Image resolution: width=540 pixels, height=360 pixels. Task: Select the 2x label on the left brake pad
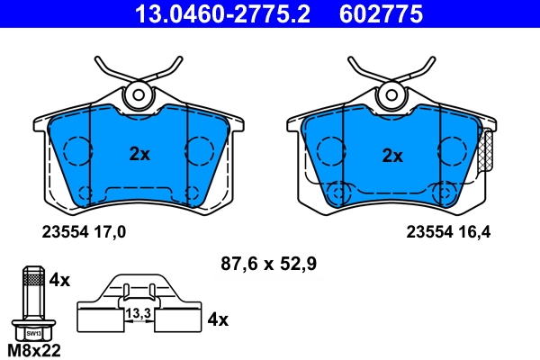coord(139,154)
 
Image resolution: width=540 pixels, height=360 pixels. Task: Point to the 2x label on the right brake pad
coord(392,155)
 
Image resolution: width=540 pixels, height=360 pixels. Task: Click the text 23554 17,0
coord(84,231)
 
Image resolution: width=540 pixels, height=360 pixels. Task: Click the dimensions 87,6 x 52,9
coord(268,264)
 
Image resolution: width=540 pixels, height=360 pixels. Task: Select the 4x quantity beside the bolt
coord(59,280)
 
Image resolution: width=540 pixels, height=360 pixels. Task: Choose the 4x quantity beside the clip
coord(218,319)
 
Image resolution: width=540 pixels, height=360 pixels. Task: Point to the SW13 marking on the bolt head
coord(32,332)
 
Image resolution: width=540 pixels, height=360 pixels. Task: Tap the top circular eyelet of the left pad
coord(139,94)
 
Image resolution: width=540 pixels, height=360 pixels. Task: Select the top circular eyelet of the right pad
coord(391,94)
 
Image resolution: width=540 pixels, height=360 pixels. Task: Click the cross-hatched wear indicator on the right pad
coord(488,152)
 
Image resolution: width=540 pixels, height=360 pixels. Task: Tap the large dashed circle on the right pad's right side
coord(450,149)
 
